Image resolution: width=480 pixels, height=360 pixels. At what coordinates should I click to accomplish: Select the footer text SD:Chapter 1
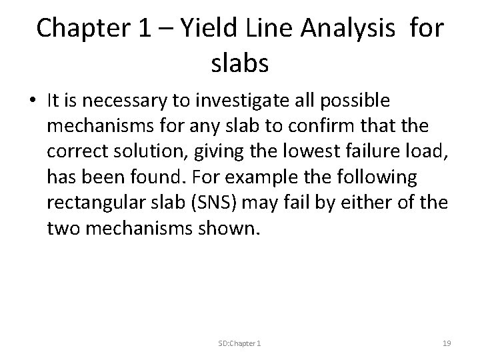(x=239, y=343)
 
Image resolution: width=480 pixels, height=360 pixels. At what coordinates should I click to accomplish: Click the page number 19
(x=447, y=343)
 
